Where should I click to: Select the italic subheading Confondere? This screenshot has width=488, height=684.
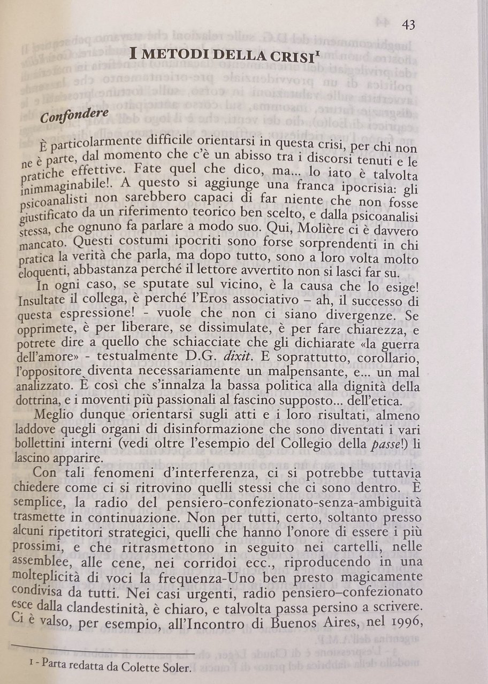75,115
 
